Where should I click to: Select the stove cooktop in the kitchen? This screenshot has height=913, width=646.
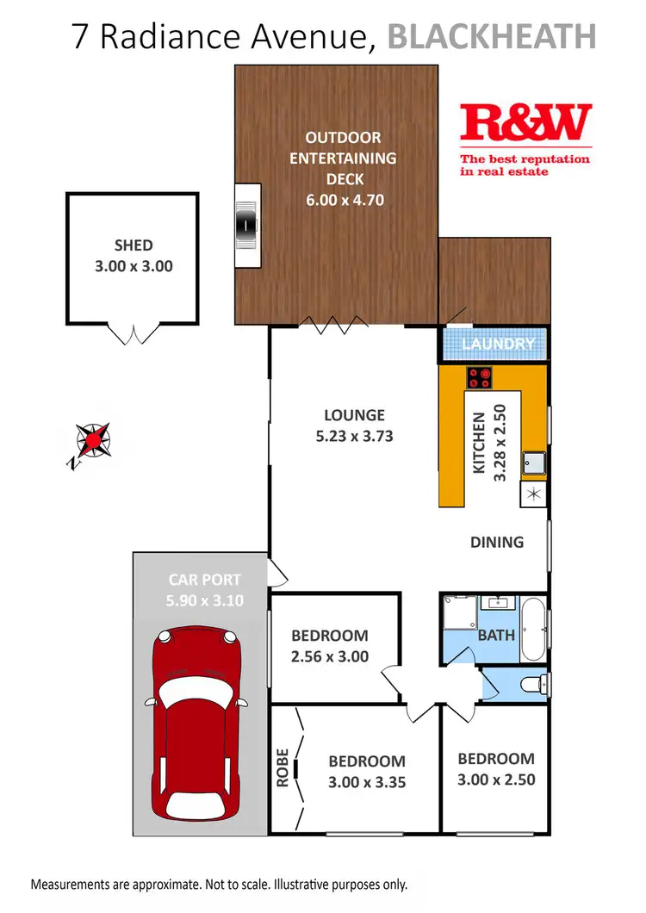coord(480,376)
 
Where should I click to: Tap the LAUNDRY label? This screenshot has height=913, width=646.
coord(499,345)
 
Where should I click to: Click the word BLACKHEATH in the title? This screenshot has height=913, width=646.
coord(492,36)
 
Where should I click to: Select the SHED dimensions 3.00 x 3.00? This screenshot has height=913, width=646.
coord(133,266)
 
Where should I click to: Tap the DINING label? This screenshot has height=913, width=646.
coord(497,542)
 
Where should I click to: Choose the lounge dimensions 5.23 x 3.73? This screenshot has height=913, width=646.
coord(354,436)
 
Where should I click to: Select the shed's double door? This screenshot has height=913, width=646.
coord(132,333)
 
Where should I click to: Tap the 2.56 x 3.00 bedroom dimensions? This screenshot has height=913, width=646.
coord(330,656)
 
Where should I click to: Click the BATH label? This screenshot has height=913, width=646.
coord(496,636)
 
